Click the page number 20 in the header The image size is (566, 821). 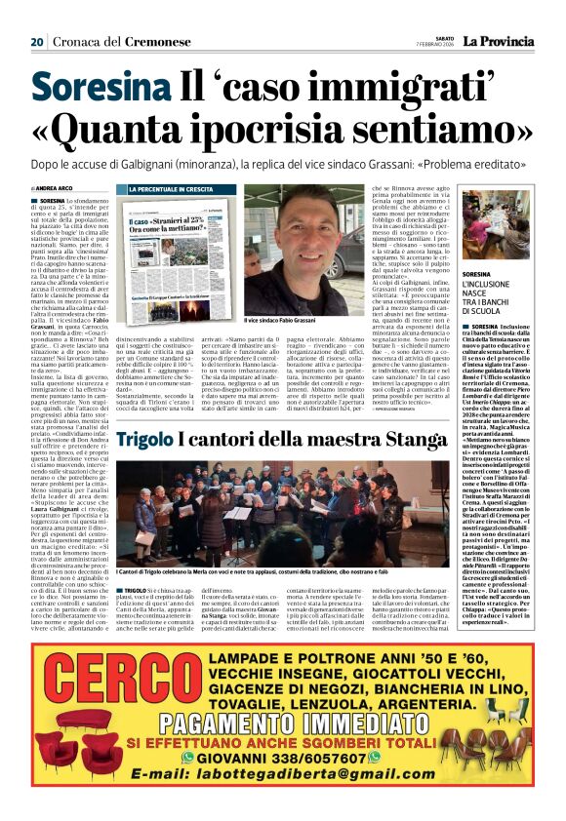(37, 42)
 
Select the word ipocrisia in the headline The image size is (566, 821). (292, 130)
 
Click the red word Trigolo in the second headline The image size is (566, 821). (147, 440)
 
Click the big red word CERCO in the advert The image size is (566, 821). (124, 707)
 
